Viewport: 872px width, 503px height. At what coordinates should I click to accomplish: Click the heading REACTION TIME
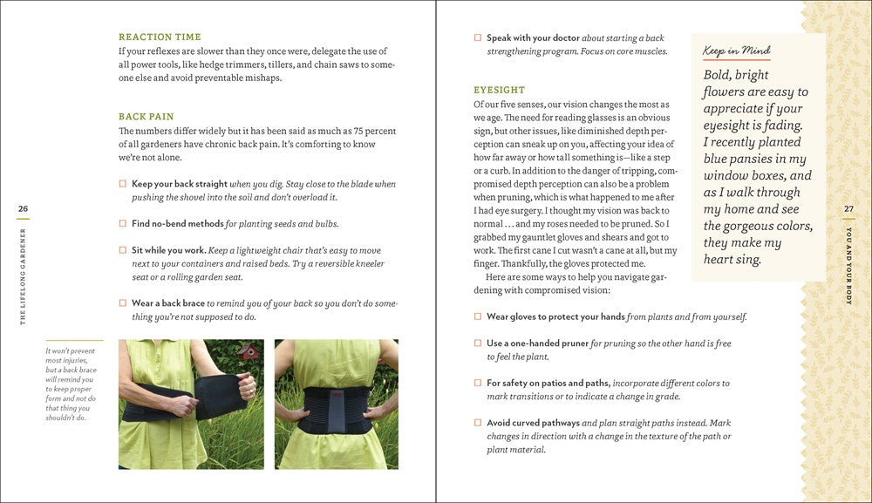coord(160,37)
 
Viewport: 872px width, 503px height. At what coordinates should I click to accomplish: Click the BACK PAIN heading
coord(146,117)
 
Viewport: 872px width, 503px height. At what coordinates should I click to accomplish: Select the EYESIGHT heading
coord(500,90)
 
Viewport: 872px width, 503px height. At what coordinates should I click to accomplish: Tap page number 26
coord(23,208)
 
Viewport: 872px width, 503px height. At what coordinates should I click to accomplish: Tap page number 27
coord(849,208)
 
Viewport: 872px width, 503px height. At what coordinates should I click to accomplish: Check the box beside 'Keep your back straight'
coord(123,185)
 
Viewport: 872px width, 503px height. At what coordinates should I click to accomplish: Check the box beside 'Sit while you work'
coord(123,250)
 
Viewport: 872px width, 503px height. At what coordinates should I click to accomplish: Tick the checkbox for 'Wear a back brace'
coord(123,303)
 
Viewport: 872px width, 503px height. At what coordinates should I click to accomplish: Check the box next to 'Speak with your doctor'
coord(478,38)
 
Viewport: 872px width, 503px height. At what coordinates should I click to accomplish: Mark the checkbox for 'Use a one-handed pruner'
coord(478,343)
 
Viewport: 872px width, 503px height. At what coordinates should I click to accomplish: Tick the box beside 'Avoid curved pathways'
coord(478,423)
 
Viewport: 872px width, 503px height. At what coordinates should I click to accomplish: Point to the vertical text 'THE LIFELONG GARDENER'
coord(23,276)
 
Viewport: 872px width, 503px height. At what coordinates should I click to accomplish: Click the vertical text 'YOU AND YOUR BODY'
coord(849,265)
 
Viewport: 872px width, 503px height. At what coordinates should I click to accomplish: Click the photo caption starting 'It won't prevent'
coord(72,384)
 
